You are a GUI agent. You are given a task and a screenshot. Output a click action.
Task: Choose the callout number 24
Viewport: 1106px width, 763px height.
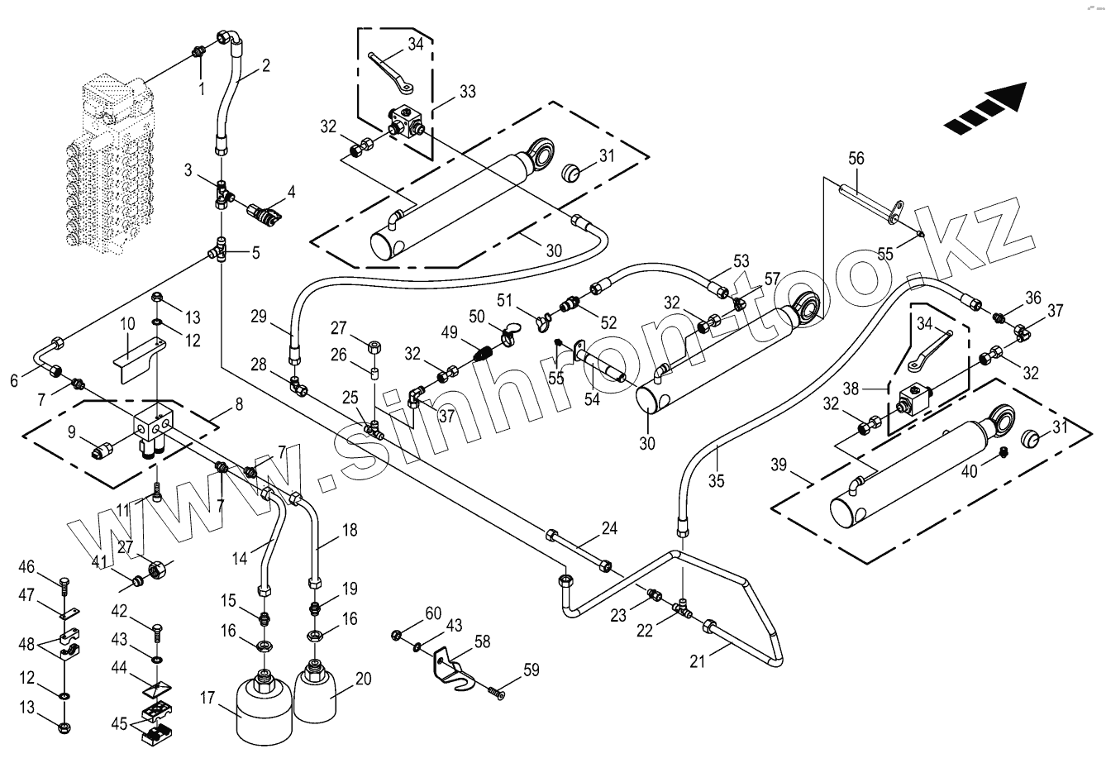click(609, 526)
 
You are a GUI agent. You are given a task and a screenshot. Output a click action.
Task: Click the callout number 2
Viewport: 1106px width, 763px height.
click(265, 66)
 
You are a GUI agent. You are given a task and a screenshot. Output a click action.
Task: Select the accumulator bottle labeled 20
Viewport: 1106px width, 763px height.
click(314, 690)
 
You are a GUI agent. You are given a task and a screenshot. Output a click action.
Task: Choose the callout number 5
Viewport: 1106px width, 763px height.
click(255, 253)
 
